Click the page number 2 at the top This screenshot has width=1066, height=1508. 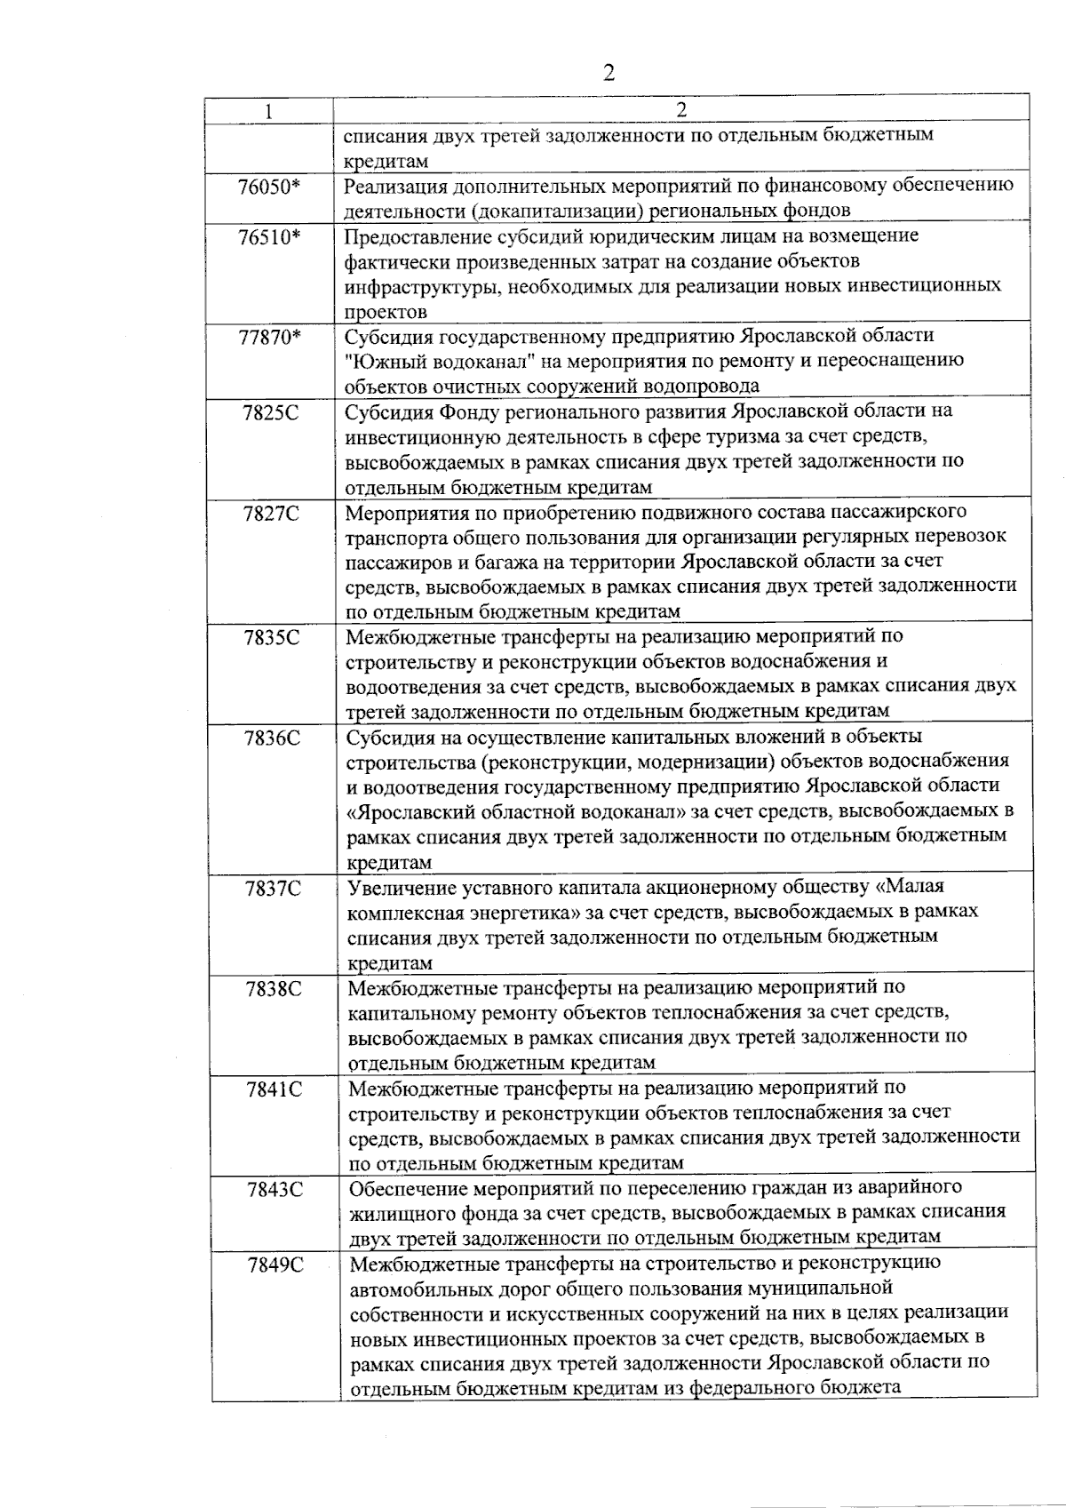pos(609,73)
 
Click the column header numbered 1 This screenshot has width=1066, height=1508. pos(267,110)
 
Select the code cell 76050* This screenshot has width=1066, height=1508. pos(270,187)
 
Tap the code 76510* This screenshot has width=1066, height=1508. pos(270,237)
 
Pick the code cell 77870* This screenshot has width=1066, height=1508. pos(270,337)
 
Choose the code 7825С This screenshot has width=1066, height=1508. pos(271,412)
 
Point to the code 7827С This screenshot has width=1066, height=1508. pos(271,513)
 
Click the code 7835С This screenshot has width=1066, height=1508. pos(272,637)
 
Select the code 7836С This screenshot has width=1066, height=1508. pos(272,738)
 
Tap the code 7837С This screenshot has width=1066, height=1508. pos(274,888)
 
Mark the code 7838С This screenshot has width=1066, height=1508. pos(274,988)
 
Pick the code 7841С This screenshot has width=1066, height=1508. pos(274,1089)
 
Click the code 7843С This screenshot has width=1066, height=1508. pos(275,1189)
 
